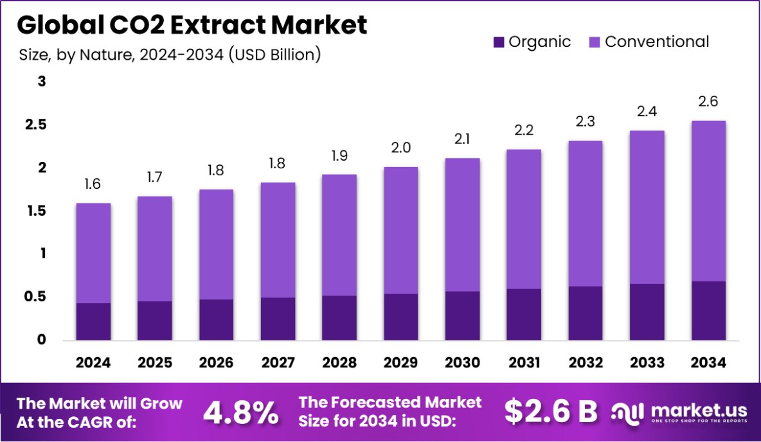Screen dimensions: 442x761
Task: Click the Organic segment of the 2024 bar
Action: [x=93, y=321]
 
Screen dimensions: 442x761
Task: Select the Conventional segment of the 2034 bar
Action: [x=708, y=200]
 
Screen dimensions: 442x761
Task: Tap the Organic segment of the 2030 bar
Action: [x=462, y=315]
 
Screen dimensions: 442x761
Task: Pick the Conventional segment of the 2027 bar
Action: [x=278, y=240]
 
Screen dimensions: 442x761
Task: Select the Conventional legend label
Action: [x=657, y=42]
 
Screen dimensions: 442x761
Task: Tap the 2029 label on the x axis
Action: [x=401, y=363]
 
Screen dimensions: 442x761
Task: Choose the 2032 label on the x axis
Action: [x=586, y=363]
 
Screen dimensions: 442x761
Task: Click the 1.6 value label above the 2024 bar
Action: [x=93, y=185]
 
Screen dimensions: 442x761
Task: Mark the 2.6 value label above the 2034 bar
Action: [x=708, y=102]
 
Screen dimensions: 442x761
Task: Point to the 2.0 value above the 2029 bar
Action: [x=401, y=148]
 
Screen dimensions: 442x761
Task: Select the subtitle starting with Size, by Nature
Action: [x=170, y=55]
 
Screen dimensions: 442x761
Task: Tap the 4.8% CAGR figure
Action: [x=241, y=412]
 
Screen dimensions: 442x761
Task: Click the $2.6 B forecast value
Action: [x=551, y=412]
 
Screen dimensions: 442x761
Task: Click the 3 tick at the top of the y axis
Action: [x=41, y=82]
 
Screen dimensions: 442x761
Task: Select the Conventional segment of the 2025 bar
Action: [x=155, y=249]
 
